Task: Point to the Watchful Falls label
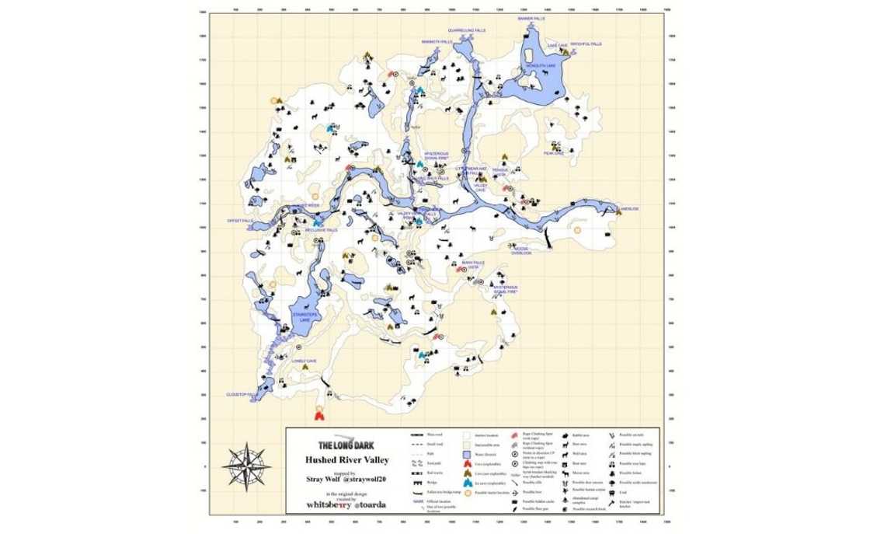click(x=586, y=44)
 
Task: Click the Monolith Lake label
click(x=541, y=66)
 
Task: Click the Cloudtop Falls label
click(x=242, y=394)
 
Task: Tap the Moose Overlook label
click(x=521, y=250)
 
